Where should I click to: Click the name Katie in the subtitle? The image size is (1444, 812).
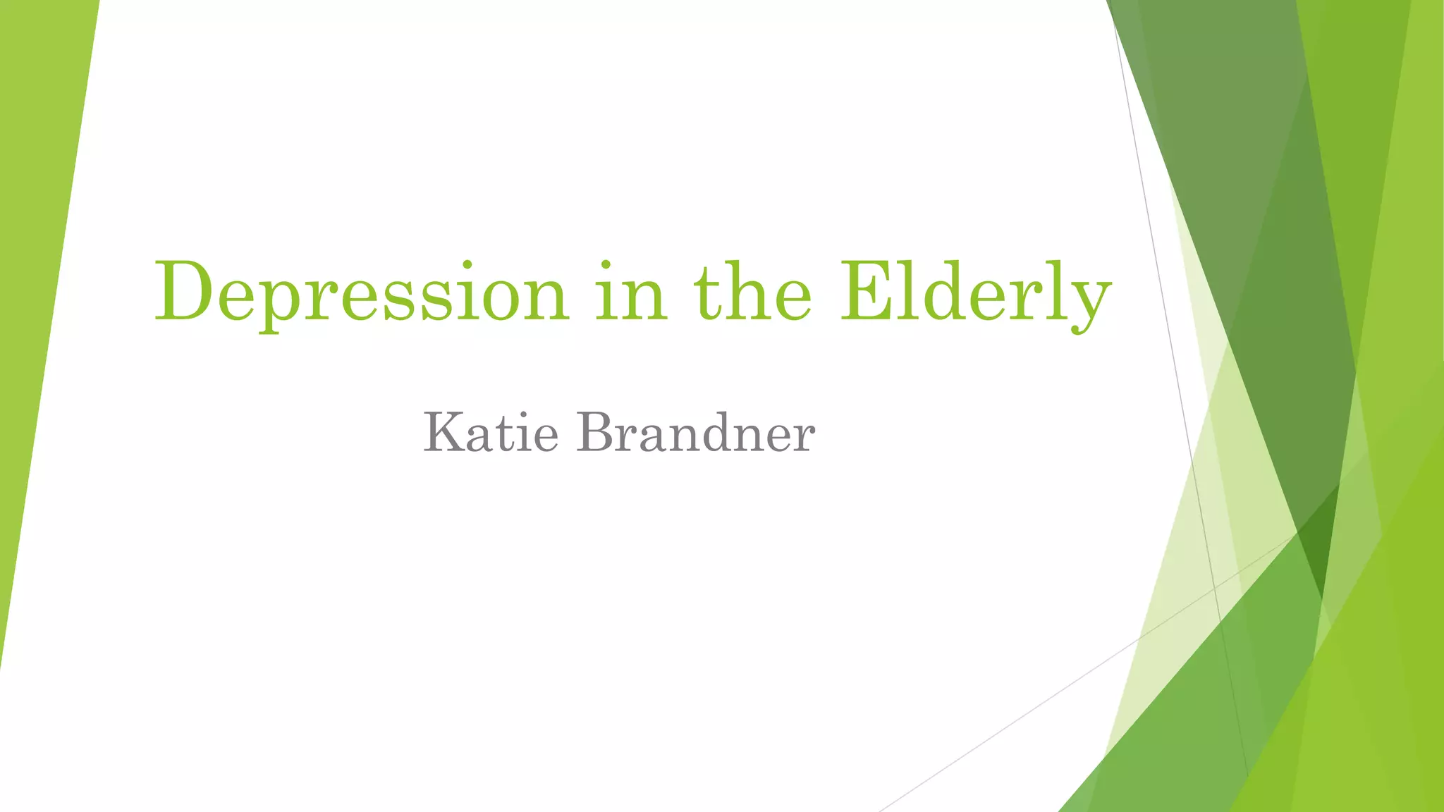tap(491, 433)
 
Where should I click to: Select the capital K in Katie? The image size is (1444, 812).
tap(442, 432)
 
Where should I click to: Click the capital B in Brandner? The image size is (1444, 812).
tap(594, 432)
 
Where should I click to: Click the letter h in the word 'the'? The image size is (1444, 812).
tap(749, 291)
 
